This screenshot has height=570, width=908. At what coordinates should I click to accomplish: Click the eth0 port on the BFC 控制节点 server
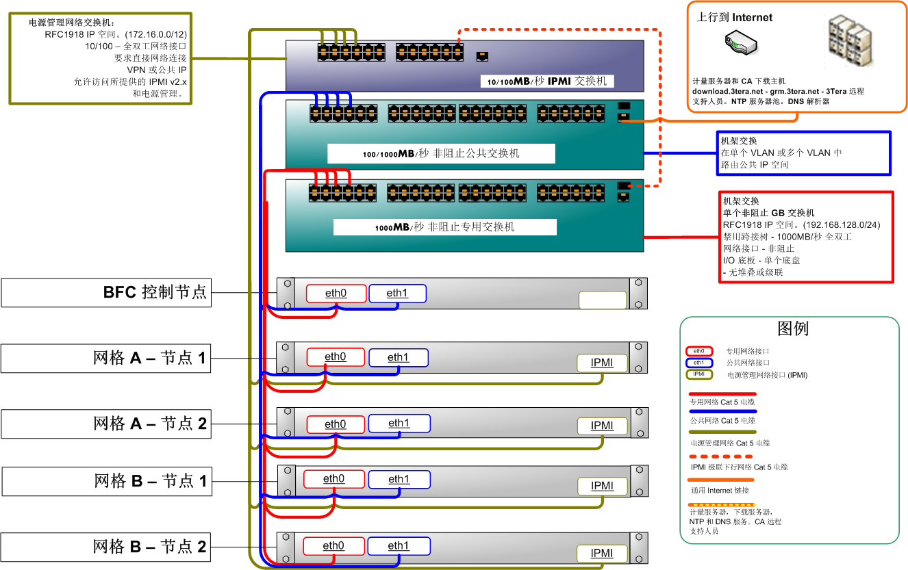click(x=336, y=294)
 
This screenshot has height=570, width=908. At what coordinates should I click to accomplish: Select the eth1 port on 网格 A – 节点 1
click(x=398, y=357)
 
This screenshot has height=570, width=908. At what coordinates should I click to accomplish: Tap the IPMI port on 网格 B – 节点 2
click(x=602, y=554)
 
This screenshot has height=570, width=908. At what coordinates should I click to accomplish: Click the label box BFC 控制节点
click(x=105, y=293)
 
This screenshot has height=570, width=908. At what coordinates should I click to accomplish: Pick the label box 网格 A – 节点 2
click(x=105, y=424)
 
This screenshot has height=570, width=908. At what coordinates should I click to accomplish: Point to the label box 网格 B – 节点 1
click(x=105, y=481)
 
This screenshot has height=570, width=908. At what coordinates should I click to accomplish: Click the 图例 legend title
click(x=793, y=328)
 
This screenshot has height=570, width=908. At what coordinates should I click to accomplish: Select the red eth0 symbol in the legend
click(x=698, y=351)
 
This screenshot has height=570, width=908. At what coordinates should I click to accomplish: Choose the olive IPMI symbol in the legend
click(x=698, y=374)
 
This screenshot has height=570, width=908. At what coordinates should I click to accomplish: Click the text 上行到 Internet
click(x=734, y=18)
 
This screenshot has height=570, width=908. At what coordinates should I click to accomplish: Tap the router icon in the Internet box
click(x=740, y=45)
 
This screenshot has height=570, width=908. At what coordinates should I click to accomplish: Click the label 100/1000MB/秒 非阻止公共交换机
click(x=441, y=153)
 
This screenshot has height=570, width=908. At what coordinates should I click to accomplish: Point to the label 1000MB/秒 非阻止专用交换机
click(x=444, y=226)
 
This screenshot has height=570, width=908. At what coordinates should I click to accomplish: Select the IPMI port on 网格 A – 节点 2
click(x=602, y=426)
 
